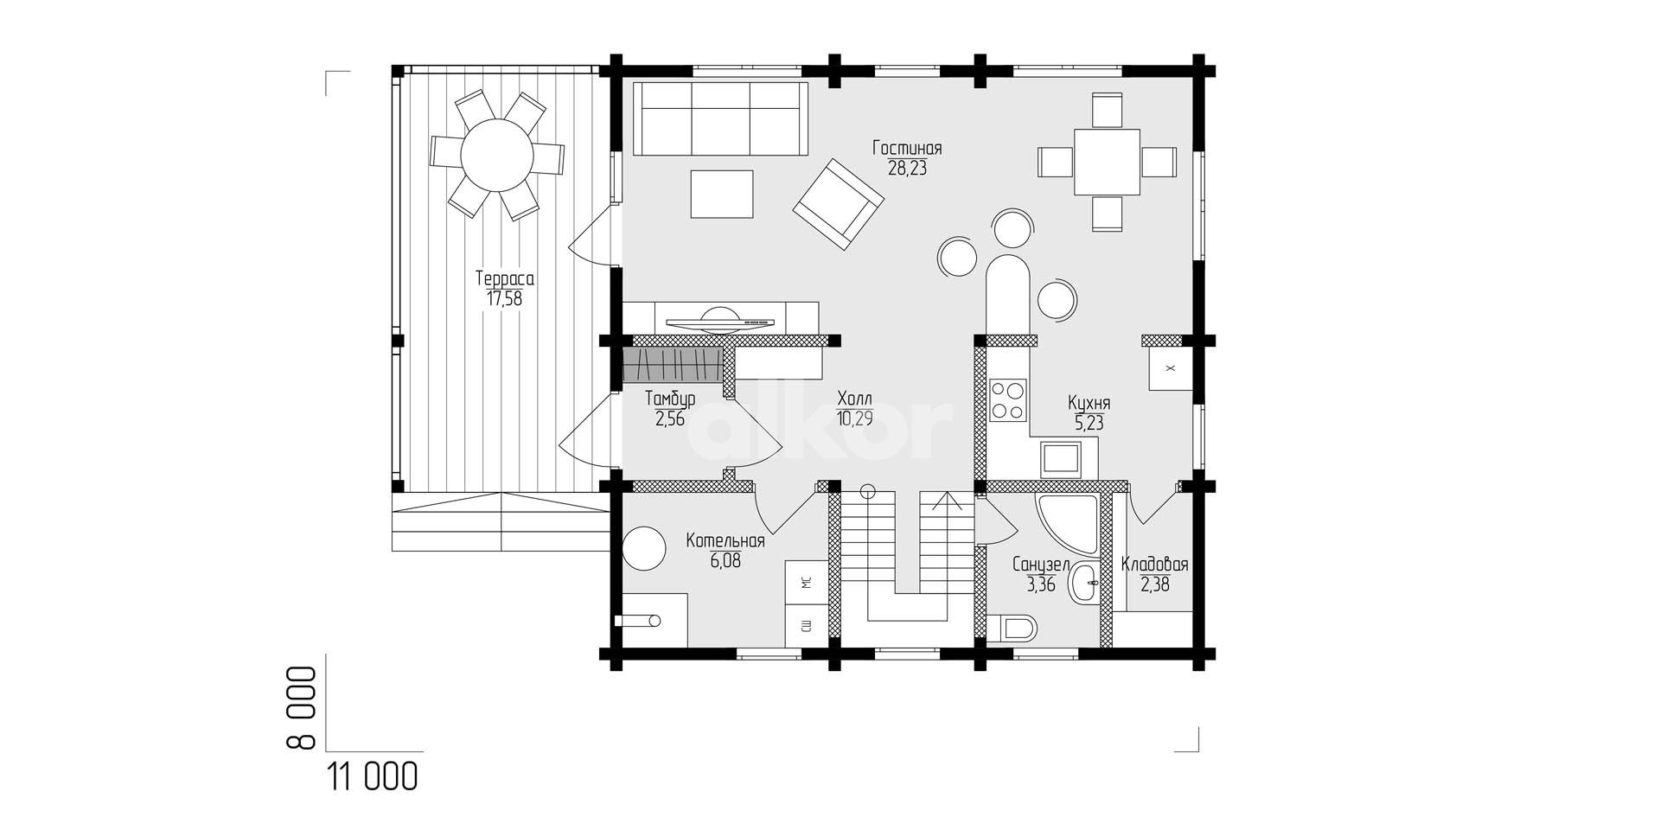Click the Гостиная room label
(x=907, y=149)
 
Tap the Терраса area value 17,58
(x=504, y=299)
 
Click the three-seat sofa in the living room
(x=720, y=119)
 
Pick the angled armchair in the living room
(x=839, y=204)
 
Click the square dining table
(x=1107, y=162)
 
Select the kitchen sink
(x=1060, y=459)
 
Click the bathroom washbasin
(x=1083, y=583)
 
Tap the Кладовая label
(x=1154, y=565)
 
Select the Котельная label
(x=725, y=541)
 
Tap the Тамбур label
(x=670, y=399)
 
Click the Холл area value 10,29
(x=855, y=418)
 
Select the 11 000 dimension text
(x=373, y=777)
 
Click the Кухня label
(x=1089, y=404)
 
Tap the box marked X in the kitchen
(x=1171, y=369)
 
